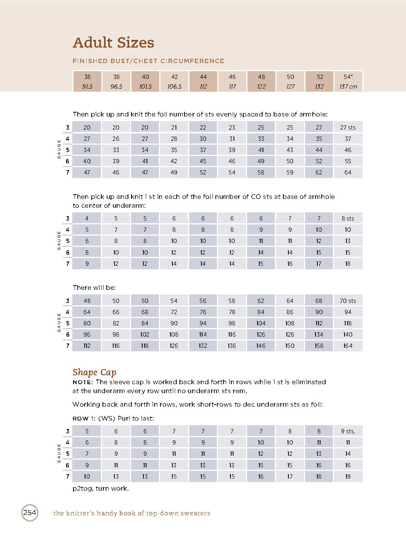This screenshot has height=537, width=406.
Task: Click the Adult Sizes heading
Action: [113, 43]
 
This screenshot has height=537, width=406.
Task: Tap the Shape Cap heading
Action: [94, 372]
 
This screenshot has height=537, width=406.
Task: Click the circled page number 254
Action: [30, 513]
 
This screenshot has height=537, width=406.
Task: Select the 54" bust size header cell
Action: [348, 77]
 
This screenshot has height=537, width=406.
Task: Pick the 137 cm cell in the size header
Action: [348, 87]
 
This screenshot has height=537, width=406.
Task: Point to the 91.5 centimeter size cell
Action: [87, 87]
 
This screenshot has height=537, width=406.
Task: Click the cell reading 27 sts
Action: [348, 127]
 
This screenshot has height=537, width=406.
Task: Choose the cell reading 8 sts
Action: [348, 218]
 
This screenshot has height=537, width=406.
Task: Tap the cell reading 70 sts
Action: [348, 301]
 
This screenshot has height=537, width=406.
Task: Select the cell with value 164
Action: [348, 345]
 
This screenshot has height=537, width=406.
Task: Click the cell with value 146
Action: [261, 345]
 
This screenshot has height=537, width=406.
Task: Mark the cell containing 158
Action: [319, 345]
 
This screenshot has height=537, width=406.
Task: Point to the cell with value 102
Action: [145, 334]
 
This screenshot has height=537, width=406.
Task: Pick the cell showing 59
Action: [290, 172]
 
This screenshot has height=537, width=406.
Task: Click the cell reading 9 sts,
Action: [348, 431]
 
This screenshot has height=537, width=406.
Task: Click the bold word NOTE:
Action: [83, 382]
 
